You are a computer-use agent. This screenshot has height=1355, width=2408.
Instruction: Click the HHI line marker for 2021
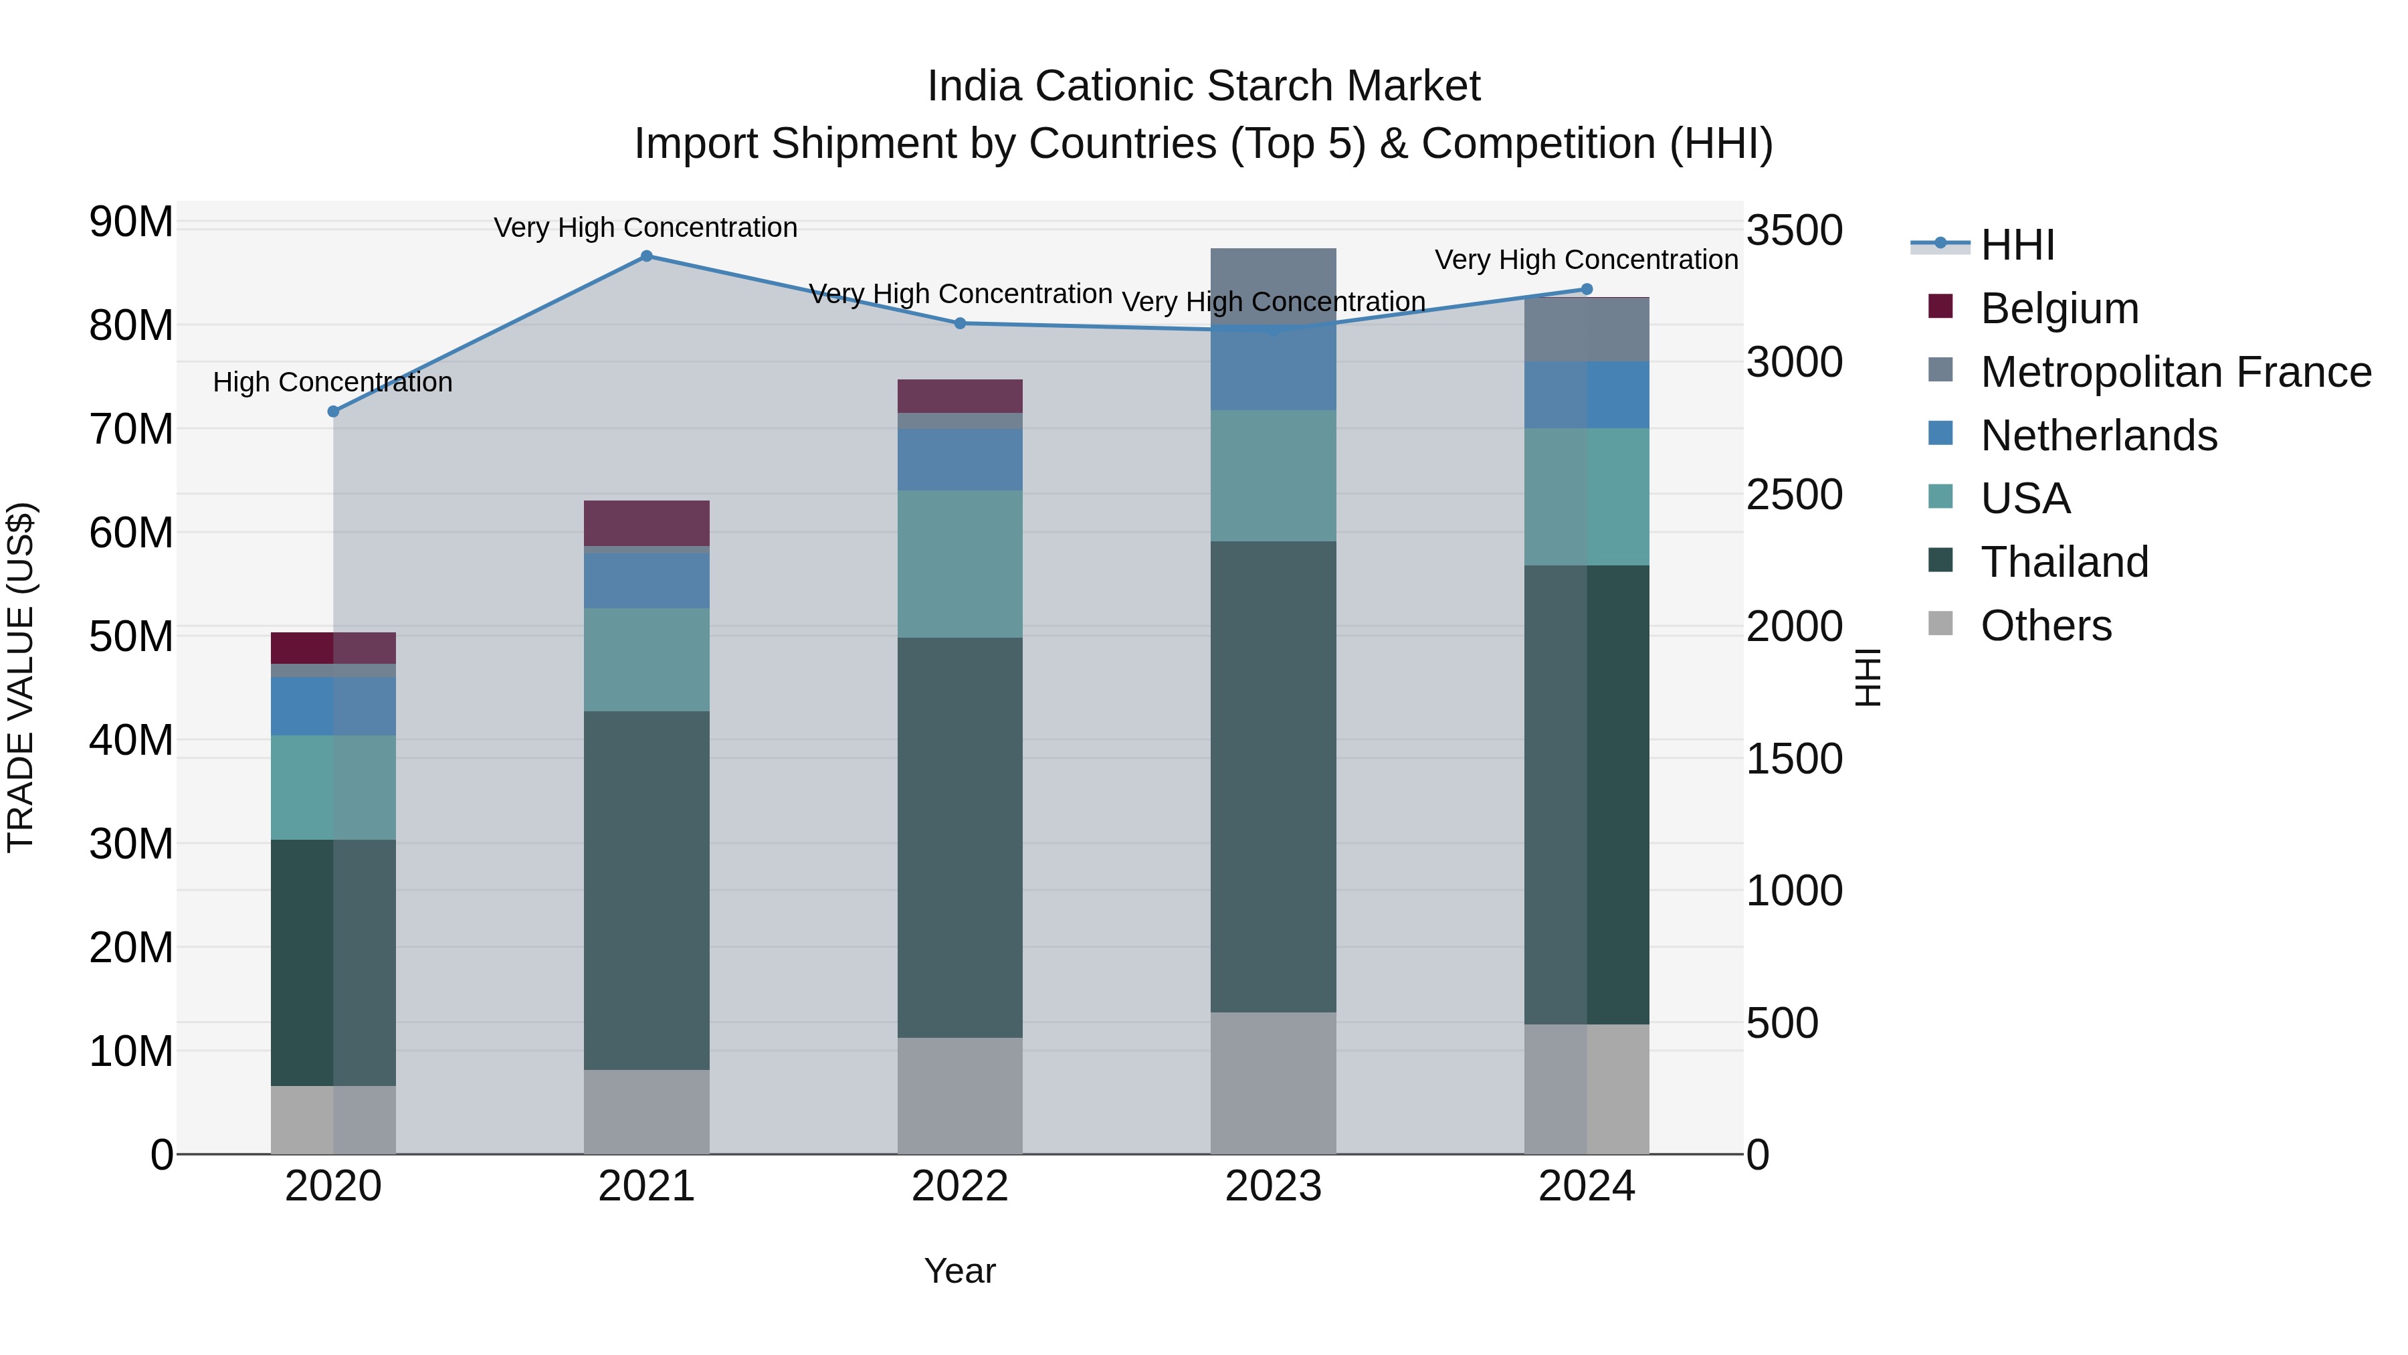(x=646, y=256)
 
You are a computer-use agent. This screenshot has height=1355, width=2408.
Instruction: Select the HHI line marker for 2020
(x=334, y=412)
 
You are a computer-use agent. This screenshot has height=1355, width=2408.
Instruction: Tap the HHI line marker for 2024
(x=1587, y=290)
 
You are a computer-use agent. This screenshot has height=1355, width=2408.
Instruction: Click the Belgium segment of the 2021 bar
(x=646, y=523)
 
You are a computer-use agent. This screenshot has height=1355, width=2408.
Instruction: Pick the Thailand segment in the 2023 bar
(x=1273, y=776)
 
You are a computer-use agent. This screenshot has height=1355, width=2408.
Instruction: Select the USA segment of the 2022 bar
(x=960, y=564)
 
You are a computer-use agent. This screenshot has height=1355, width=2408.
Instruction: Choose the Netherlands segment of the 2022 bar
(x=960, y=459)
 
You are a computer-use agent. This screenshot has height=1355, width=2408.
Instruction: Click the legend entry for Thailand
(x=2064, y=562)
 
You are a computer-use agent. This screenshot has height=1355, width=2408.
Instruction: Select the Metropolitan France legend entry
(x=2175, y=372)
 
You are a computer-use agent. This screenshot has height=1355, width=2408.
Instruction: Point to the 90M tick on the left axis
(x=131, y=223)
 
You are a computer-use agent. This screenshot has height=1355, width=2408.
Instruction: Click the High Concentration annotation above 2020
(x=333, y=383)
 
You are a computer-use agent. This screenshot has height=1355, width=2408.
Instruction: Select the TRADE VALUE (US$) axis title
(x=21, y=677)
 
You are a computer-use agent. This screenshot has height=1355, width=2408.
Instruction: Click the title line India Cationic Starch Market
(x=1203, y=86)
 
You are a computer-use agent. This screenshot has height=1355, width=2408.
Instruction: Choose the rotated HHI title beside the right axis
(x=1868, y=677)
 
